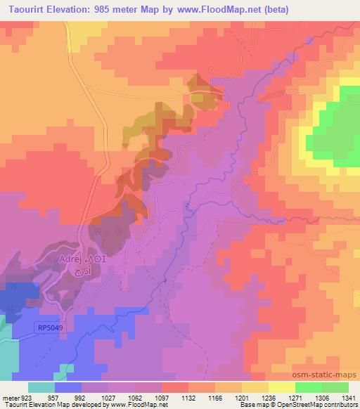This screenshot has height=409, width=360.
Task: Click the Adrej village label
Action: [72, 259]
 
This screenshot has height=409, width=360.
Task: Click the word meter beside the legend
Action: [11, 396]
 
